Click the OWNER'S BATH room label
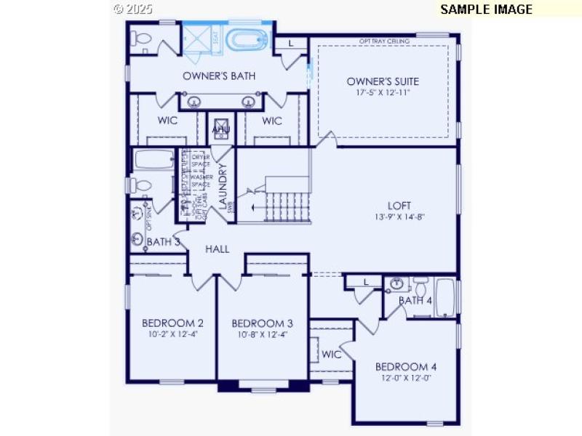pyautogui.click(x=218, y=76)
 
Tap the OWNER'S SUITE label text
pyautogui.click(x=383, y=81)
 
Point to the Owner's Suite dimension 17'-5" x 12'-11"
pyautogui.click(x=383, y=93)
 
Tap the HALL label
pyautogui.click(x=217, y=249)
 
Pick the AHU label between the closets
pyautogui.click(x=221, y=129)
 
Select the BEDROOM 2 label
pyautogui.click(x=172, y=323)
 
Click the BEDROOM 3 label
pyautogui.click(x=262, y=323)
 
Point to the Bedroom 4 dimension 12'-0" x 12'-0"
pyautogui.click(x=405, y=378)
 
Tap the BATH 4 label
pyautogui.click(x=415, y=300)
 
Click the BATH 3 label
pyautogui.click(x=164, y=241)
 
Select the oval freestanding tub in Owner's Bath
pyautogui.click(x=247, y=39)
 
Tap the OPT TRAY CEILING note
pyautogui.click(x=384, y=41)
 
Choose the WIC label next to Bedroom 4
pyautogui.click(x=332, y=355)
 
